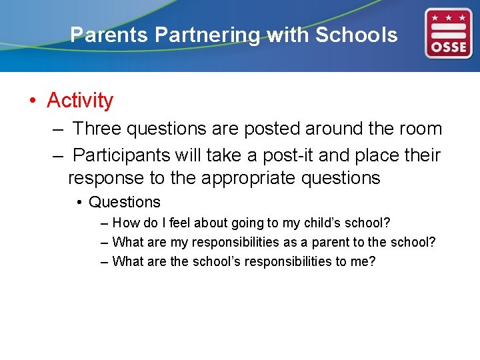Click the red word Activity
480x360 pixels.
(x=80, y=101)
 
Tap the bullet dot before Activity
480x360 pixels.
(x=32, y=101)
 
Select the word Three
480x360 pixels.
(x=97, y=129)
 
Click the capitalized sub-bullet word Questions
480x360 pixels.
(x=125, y=202)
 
